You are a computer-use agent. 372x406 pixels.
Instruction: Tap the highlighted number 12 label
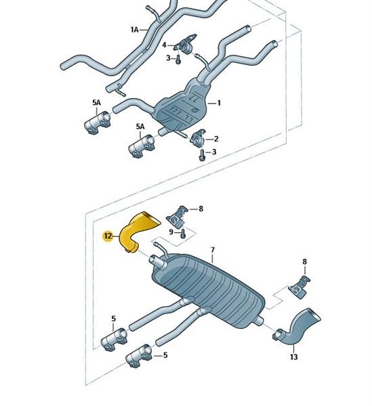tap(108, 236)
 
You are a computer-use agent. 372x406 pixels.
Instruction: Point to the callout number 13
tap(293, 357)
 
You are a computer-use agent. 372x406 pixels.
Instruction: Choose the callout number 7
tap(213, 250)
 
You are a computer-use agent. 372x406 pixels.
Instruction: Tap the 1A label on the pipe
tap(134, 30)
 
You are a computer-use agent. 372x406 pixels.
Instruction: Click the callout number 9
tap(171, 231)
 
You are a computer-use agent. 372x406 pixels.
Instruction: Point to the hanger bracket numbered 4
tap(185, 43)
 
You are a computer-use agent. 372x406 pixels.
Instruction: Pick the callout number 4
tap(164, 45)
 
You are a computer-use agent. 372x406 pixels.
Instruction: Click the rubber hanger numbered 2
tap(198, 138)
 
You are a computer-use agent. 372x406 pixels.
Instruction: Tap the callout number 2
tap(216, 139)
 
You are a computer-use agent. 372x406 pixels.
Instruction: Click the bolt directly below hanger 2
tap(202, 155)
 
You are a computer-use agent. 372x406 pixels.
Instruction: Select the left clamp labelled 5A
tap(98, 123)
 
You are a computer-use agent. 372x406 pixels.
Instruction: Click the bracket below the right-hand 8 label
tap(299, 287)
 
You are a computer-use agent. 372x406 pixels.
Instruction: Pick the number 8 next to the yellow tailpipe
tap(201, 208)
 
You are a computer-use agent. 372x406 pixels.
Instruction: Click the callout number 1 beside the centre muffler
tap(219, 103)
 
